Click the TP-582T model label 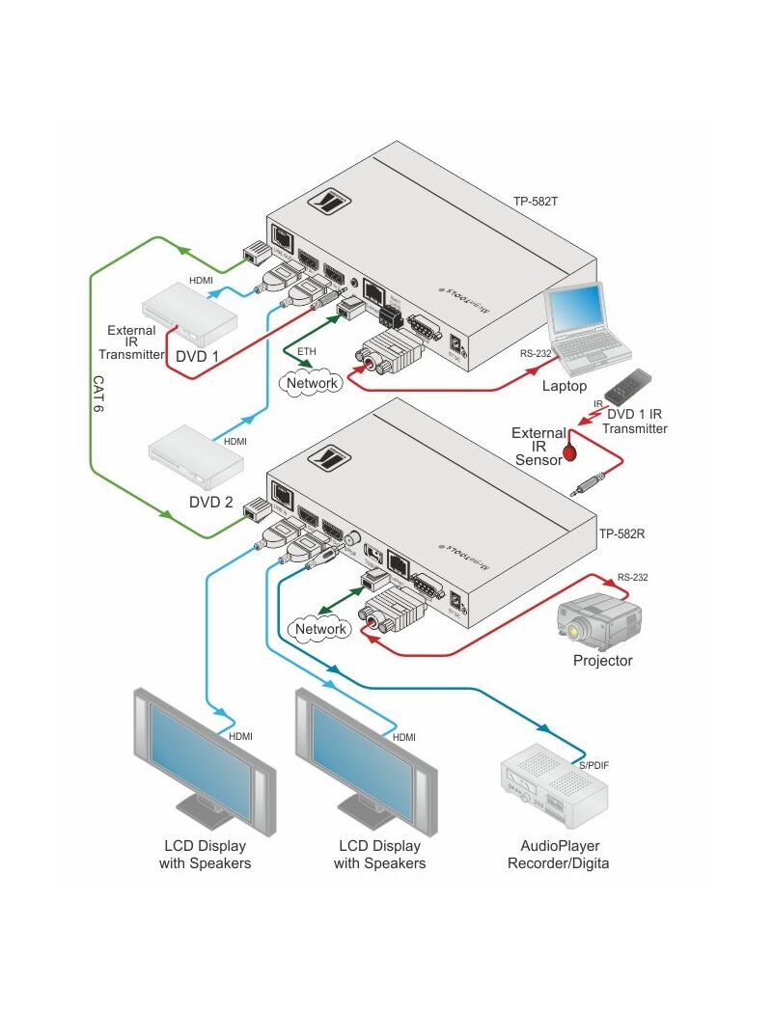click(537, 203)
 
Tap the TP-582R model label click(621, 532)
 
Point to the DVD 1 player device click(188, 314)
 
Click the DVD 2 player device click(194, 455)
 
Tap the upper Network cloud click(312, 383)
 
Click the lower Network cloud click(320, 629)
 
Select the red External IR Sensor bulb click(569, 450)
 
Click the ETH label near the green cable click(306, 351)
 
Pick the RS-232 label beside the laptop click(536, 353)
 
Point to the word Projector click(602, 661)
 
